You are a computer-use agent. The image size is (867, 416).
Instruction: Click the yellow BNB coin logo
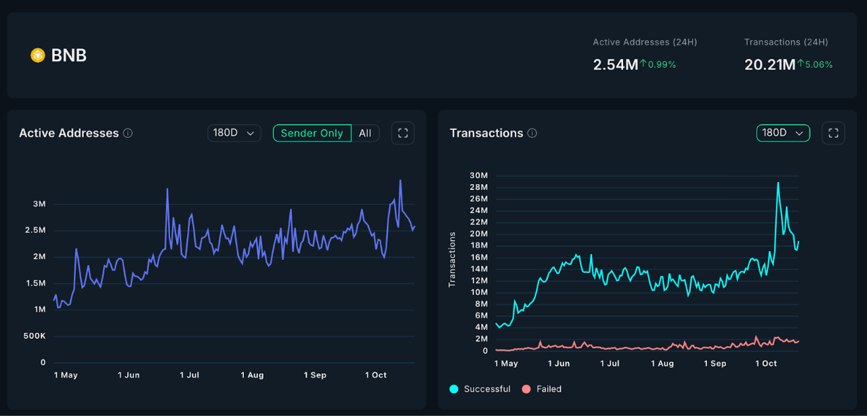(38, 55)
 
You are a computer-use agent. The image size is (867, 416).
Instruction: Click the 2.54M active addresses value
(615, 65)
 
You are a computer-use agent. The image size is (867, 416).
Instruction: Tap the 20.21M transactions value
(769, 65)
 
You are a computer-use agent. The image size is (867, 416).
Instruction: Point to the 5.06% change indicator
(815, 65)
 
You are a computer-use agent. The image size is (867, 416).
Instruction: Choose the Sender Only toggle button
(312, 133)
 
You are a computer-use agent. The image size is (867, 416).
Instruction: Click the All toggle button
(365, 133)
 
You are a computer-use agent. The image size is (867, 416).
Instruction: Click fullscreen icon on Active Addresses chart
(403, 133)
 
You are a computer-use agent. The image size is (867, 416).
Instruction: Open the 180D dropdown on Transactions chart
(783, 133)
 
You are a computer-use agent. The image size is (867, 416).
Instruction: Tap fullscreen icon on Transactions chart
(833, 133)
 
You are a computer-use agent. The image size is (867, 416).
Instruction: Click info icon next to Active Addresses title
(128, 133)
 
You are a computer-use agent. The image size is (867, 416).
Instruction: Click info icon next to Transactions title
(532, 133)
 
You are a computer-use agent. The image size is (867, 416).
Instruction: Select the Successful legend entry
(480, 389)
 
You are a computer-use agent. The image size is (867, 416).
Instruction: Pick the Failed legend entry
(541, 389)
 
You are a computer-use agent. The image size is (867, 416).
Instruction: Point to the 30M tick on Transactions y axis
(478, 176)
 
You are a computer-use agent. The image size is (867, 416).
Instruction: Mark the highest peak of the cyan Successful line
(778, 183)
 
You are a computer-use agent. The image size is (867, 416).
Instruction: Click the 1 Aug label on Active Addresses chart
(253, 375)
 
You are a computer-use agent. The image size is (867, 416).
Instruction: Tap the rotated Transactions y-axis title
(452, 259)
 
